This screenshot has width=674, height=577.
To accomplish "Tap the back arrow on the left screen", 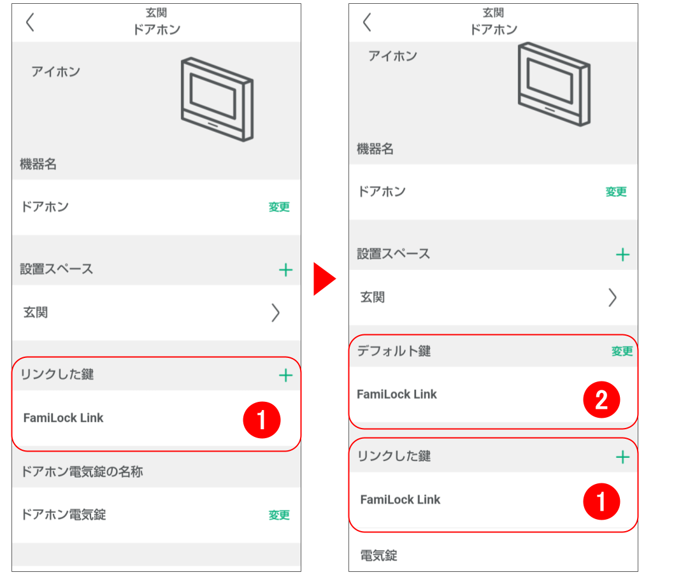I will (x=30, y=22).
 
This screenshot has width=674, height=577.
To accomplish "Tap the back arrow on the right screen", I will (x=367, y=22).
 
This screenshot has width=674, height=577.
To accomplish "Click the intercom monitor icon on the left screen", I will (x=217, y=98).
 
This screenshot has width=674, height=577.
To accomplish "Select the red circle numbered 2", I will (x=601, y=400).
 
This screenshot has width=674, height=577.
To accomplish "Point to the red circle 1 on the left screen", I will (x=262, y=421).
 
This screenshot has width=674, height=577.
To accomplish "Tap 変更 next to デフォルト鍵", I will (x=622, y=351).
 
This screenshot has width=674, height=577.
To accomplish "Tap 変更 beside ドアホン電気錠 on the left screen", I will (x=279, y=515).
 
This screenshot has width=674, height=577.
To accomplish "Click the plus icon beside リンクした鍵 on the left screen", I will (x=285, y=375).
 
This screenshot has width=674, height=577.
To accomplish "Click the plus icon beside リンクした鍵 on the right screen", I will (x=622, y=457).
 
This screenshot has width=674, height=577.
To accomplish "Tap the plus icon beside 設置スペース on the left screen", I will (x=285, y=270).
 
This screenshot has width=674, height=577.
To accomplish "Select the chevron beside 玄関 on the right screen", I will (x=612, y=297).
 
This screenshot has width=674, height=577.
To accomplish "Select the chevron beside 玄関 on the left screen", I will (x=275, y=313).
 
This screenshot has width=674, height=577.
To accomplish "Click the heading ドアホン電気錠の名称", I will (x=82, y=472).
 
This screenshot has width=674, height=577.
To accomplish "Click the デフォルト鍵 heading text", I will (x=394, y=351).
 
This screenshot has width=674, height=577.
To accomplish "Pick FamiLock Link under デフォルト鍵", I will (x=397, y=394).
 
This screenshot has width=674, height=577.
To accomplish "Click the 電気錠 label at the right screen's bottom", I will (x=378, y=555).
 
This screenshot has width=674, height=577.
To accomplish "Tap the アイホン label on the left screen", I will (x=55, y=71).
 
